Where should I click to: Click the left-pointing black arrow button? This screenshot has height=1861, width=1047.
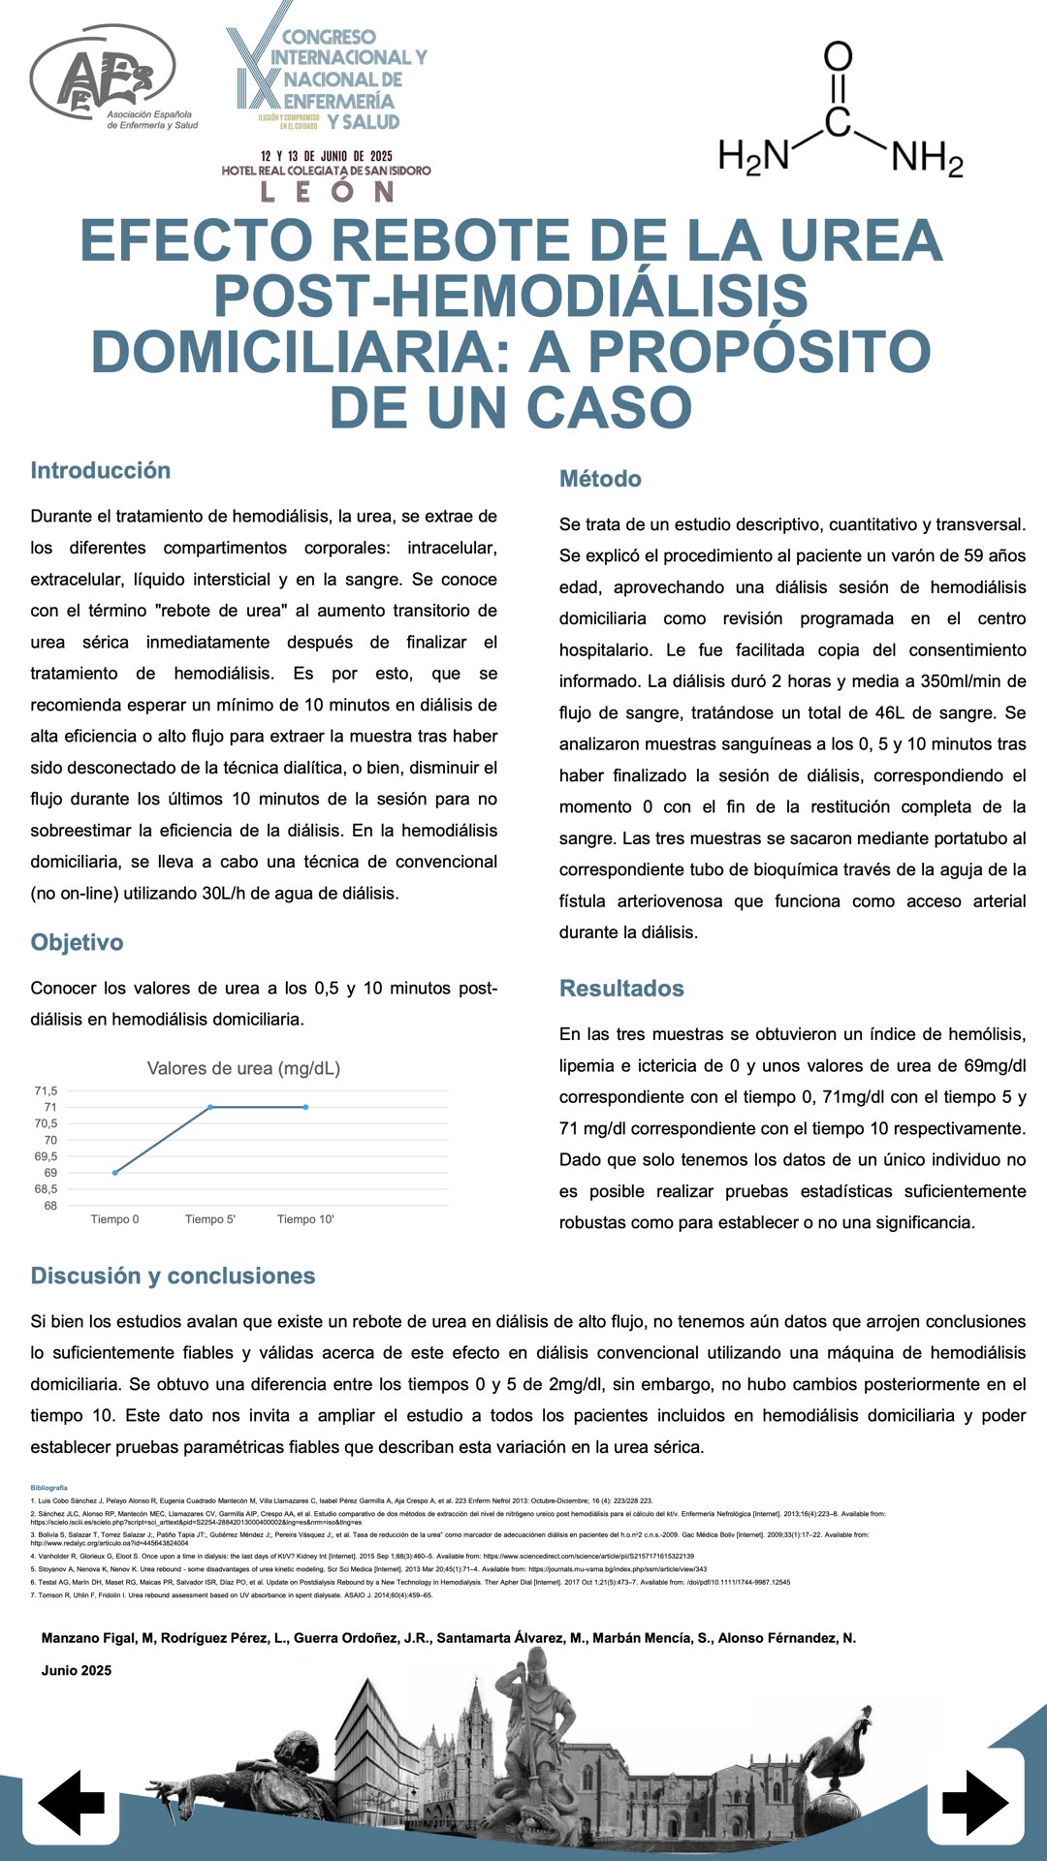72,1802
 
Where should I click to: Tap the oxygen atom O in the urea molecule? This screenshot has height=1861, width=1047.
838,56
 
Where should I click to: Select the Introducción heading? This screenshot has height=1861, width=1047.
101,470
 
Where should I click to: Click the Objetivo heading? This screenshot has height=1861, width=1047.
77,942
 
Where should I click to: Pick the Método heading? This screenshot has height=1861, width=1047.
600,479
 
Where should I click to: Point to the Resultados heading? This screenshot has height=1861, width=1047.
621,989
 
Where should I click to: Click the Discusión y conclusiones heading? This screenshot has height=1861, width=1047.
173,1276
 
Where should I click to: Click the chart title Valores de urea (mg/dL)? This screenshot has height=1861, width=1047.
243,1068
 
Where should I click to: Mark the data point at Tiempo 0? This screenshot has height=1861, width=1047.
115,1173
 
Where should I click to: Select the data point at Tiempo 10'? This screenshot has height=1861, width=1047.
306,1107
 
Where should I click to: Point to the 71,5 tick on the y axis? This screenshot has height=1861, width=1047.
46,1090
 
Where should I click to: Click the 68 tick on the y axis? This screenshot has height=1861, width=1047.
50,1206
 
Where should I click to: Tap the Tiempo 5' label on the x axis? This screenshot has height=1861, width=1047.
210,1219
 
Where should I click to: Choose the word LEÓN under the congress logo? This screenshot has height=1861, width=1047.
327,191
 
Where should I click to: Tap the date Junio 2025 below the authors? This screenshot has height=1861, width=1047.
77,1670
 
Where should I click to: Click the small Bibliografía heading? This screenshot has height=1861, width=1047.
49,1487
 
